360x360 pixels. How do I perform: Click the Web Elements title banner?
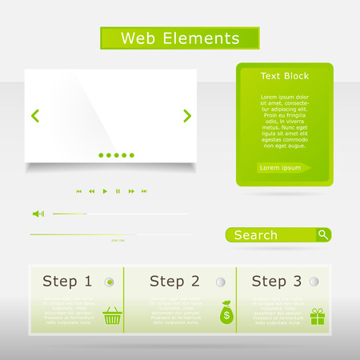[179, 38]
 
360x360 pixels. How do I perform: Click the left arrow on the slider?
[35, 116]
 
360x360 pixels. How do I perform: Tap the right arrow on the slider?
[187, 116]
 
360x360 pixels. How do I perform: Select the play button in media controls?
[105, 191]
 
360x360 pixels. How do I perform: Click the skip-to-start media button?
[78, 191]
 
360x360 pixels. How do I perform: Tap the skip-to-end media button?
[144, 191]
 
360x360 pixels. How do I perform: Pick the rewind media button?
[91, 191]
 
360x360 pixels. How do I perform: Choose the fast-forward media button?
[130, 191]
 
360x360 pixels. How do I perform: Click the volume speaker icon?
[38, 214]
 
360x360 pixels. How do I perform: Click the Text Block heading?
[285, 76]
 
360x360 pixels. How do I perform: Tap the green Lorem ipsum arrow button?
[284, 168]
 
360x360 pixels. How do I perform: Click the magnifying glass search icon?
[322, 234]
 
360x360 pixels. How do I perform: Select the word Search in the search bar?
[255, 235]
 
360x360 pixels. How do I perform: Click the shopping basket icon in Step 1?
[113, 316]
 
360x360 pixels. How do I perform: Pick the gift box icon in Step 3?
[318, 316]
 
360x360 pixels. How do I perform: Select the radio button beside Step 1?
[110, 282]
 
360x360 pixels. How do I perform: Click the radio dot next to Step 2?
[220, 282]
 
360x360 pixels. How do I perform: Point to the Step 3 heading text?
[276, 282]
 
